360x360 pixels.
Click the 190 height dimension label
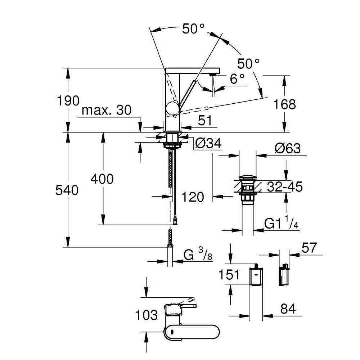pyautogui.click(x=68, y=101)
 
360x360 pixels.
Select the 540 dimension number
pyautogui.click(x=67, y=190)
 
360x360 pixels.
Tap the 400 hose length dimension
pyautogui.click(x=102, y=179)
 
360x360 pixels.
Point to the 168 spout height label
pyautogui.click(x=284, y=104)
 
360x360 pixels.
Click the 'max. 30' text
pyautogui.click(x=107, y=110)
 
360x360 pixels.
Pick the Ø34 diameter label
pyautogui.click(x=208, y=144)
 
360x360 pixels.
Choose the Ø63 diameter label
pyautogui.click(x=287, y=149)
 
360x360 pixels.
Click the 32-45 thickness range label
pyautogui.click(x=285, y=186)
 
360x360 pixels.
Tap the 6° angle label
pyautogui.click(x=237, y=79)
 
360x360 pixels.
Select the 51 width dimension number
pyautogui.click(x=205, y=120)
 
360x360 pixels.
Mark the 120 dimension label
pyautogui.click(x=192, y=197)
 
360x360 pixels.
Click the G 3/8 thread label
pyautogui.click(x=198, y=255)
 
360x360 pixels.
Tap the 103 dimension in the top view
pyautogui.click(x=147, y=315)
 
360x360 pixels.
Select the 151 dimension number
pyautogui.click(x=229, y=275)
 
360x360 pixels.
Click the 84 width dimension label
pyautogui.click(x=288, y=309)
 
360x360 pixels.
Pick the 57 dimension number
pyautogui.click(x=309, y=248)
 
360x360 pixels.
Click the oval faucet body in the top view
pyautogui.click(x=192, y=332)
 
